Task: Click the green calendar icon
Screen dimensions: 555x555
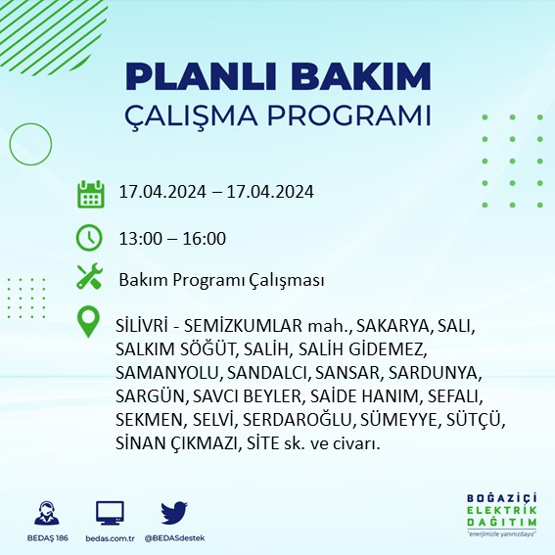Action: click(x=90, y=193)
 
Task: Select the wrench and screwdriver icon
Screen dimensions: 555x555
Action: click(x=90, y=278)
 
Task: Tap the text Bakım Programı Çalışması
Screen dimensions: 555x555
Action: click(x=221, y=280)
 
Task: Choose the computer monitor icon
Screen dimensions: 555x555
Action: click(x=110, y=514)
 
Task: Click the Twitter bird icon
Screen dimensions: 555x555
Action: click(x=173, y=513)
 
